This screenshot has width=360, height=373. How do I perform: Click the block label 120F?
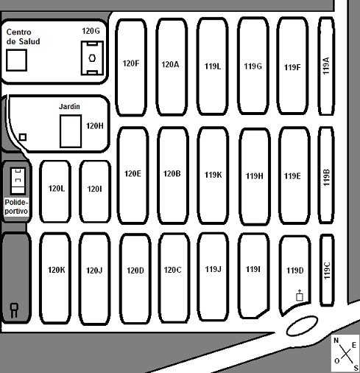131,63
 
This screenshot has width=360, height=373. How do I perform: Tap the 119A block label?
326,66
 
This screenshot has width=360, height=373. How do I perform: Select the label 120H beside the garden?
95,126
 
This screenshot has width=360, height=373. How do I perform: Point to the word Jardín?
69,106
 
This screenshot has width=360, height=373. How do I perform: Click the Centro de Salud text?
23,37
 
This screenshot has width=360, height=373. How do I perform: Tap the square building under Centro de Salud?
16,60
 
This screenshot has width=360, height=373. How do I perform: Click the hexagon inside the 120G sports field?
92,58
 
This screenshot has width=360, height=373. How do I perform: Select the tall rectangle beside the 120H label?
71,131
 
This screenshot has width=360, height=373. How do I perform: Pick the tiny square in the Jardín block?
23,137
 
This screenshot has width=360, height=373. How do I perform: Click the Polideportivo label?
16,206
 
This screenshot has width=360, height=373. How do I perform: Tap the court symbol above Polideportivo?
18,181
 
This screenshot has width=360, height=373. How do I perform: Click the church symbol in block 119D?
300,295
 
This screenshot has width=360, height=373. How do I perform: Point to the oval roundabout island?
302,326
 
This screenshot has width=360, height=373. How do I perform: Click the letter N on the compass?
336,341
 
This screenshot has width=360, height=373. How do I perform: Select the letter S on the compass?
356,368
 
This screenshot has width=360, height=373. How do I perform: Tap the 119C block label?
327,271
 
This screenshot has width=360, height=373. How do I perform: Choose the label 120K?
57,270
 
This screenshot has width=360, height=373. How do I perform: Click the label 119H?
255,176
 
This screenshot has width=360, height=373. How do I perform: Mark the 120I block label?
94,189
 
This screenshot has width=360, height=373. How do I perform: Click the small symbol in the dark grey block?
14,310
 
